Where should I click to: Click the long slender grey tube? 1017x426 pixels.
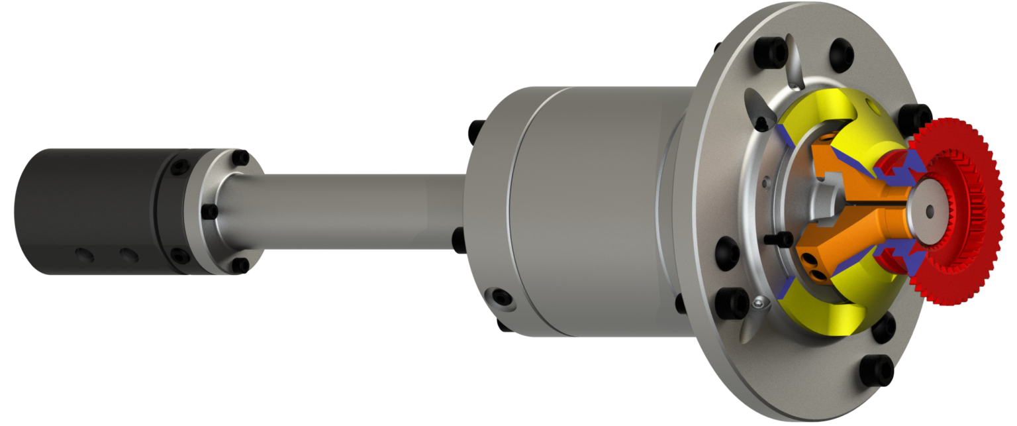[351, 211]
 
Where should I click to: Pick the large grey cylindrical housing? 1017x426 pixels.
[583, 212]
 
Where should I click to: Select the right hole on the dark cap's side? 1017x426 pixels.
[127, 255]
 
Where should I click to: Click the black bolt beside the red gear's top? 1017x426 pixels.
[912, 115]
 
